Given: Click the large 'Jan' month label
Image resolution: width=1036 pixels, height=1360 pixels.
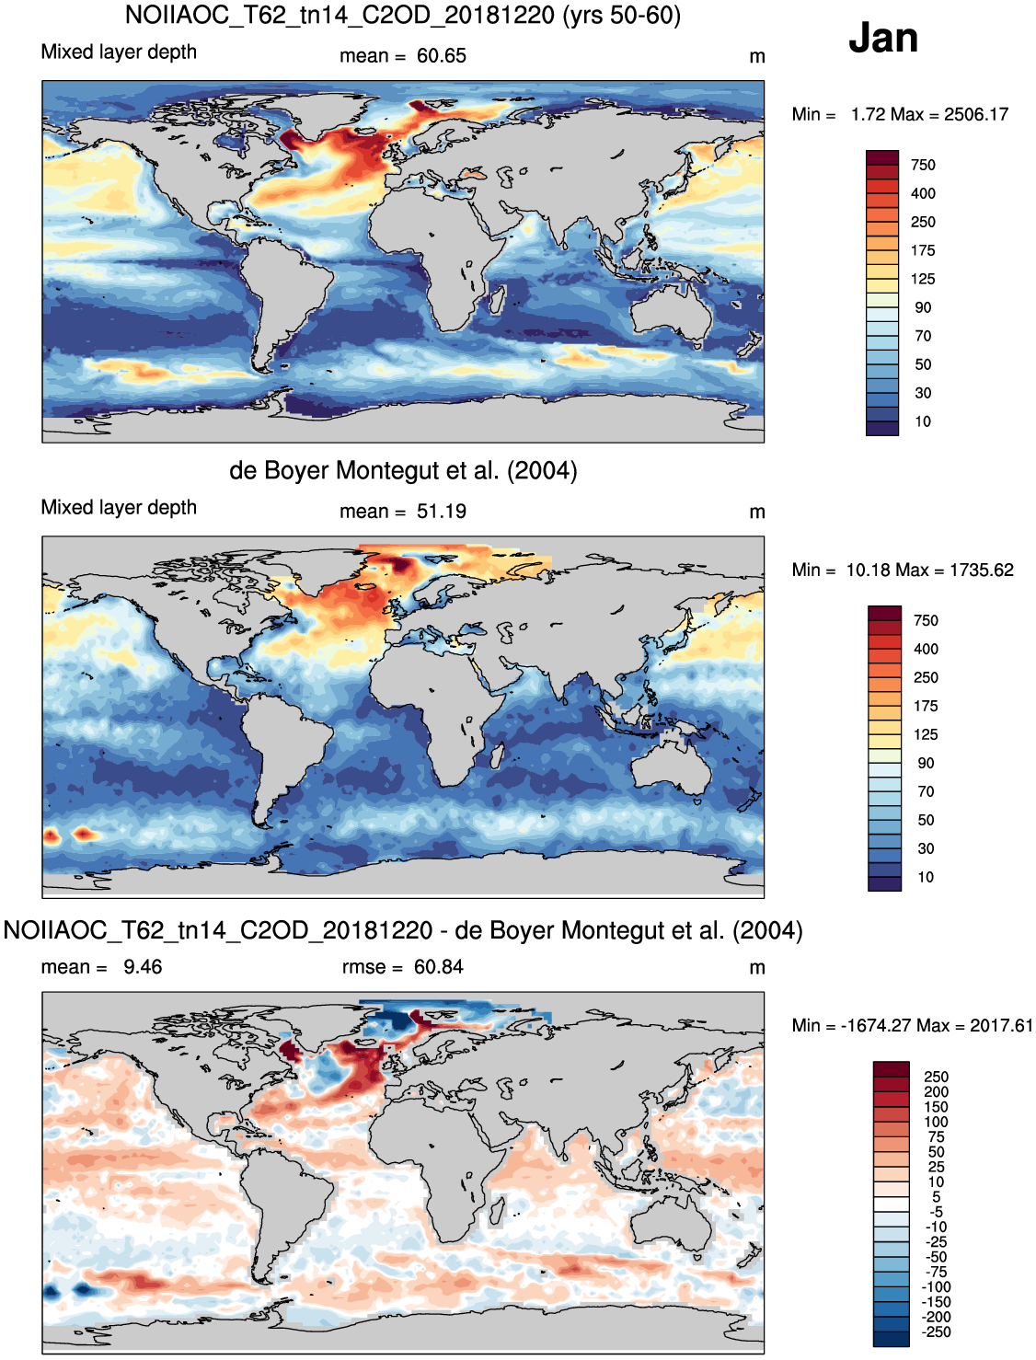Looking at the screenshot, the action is pos(882,38).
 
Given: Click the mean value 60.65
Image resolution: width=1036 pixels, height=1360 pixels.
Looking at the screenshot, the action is pos(441,56).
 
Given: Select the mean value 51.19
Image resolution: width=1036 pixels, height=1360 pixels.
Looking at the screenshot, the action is pos(441,512).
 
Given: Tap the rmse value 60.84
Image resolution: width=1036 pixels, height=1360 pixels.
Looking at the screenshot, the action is pos(439,966).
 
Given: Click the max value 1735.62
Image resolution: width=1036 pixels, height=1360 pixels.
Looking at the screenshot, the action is pos(982,570).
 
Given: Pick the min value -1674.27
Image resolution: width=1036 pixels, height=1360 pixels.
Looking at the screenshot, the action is pos(876,1025).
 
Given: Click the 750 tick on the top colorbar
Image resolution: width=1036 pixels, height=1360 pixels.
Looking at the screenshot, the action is pos(923,165).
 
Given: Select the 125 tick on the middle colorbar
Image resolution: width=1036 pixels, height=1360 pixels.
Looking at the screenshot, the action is pos(926,734).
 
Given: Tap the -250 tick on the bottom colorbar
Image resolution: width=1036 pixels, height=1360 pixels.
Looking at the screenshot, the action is pos(936,1331).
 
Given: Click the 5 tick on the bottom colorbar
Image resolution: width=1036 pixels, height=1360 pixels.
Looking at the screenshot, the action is pos(937,1196).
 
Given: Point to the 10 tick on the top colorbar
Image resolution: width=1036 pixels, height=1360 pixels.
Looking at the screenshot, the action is pos(923,421).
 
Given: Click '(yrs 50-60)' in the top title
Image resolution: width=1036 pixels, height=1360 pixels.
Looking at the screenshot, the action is pos(621,15).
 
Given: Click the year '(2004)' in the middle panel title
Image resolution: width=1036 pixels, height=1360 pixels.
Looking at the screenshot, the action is pos(542,470).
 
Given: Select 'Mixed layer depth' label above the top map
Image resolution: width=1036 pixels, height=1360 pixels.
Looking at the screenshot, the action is pos(119,52).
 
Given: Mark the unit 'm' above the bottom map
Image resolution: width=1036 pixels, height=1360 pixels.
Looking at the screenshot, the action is pos(756,968).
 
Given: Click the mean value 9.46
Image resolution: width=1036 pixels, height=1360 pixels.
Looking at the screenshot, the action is pos(143,966).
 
